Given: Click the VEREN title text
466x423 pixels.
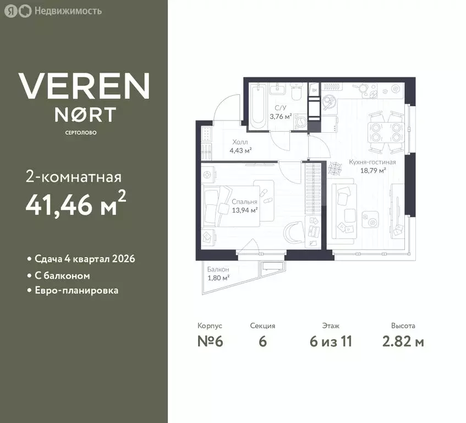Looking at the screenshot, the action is pyautogui.click(x=84, y=86).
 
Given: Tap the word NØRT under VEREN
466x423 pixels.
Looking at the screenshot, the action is pyautogui.click(x=85, y=115).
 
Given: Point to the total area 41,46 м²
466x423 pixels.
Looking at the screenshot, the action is pyautogui.click(x=76, y=204).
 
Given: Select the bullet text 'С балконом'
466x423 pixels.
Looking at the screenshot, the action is pyautogui.click(x=62, y=276).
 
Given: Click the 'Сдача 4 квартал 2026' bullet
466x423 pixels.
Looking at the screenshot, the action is pyautogui.click(x=85, y=259).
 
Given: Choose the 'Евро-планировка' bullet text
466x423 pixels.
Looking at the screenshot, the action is pyautogui.click(x=76, y=290).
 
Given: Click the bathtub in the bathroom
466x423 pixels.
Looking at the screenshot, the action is pyautogui.click(x=257, y=106).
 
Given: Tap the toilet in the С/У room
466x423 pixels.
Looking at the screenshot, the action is pyautogui.click(x=297, y=91).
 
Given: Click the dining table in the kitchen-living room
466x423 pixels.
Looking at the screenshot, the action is pyautogui.click(x=386, y=132).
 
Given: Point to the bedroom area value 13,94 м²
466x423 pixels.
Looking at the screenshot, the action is pyautogui.click(x=245, y=210).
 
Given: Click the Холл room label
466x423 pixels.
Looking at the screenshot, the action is pyautogui.click(x=240, y=142).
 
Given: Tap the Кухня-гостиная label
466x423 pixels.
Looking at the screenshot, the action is pyautogui.click(x=372, y=162).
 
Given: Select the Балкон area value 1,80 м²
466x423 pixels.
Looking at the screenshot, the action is pyautogui.click(x=218, y=278).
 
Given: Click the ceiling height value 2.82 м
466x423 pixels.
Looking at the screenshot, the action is pyautogui.click(x=403, y=341).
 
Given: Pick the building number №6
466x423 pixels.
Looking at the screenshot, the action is pyautogui.click(x=210, y=341).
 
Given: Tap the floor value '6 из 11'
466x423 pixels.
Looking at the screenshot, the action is pyautogui.click(x=331, y=341).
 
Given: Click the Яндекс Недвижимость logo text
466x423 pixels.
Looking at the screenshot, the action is pyautogui.click(x=68, y=11).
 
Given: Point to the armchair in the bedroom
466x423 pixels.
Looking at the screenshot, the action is pyautogui.click(x=294, y=232).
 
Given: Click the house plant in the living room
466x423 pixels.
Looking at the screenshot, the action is pyautogui.click(x=335, y=168).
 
